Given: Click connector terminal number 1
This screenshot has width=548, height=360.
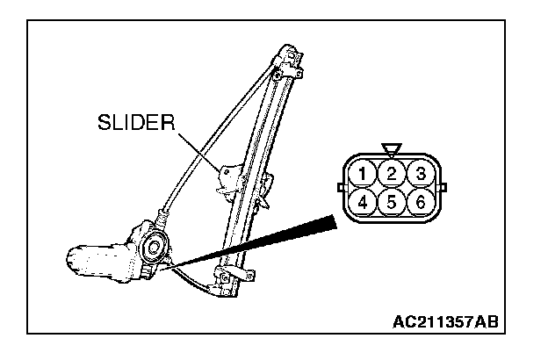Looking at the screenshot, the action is pyautogui.click(x=362, y=173).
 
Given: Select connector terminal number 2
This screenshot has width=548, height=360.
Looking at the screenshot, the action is pyautogui.click(x=392, y=173).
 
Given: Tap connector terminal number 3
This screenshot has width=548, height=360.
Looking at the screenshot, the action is pyautogui.click(x=422, y=173).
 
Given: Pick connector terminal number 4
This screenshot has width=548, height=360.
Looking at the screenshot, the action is pyautogui.click(x=362, y=202).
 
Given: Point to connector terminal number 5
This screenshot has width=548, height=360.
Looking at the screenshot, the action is pyautogui.click(x=392, y=202).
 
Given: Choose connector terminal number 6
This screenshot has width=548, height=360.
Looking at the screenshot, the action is pyautogui.click(x=422, y=202).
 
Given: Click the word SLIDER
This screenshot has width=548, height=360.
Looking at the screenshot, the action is pyautogui.click(x=137, y=123).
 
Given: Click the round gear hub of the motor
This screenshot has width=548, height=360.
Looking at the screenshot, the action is pyautogui.click(x=152, y=248).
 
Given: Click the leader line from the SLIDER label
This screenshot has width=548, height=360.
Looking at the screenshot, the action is pyautogui.click(x=200, y=149).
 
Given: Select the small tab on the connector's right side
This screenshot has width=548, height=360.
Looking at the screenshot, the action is pyautogui.click(x=442, y=187).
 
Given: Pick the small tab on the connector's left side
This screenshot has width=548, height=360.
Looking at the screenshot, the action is pyautogui.click(x=341, y=187).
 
